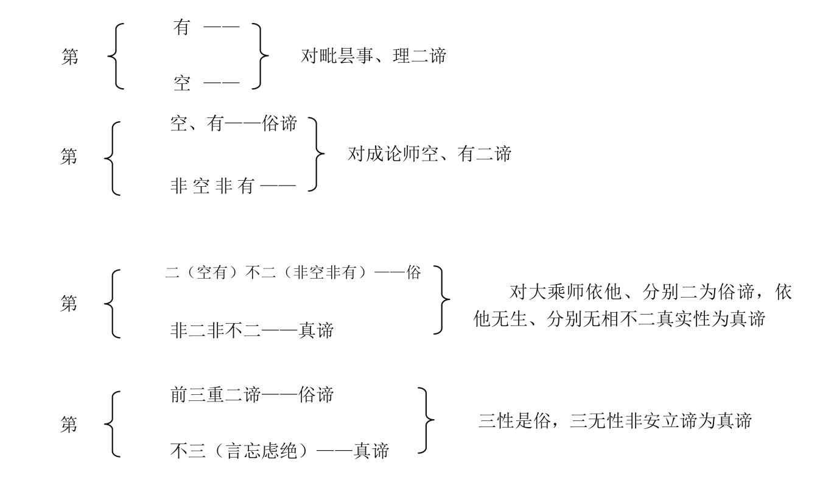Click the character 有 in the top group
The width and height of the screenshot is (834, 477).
[x=182, y=27]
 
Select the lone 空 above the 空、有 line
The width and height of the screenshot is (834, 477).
[x=182, y=83]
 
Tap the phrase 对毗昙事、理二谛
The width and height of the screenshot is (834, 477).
[x=374, y=57]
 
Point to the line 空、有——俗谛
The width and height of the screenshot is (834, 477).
[x=234, y=124]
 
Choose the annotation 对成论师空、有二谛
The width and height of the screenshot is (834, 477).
[x=429, y=154]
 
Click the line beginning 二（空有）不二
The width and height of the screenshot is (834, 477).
[x=293, y=273]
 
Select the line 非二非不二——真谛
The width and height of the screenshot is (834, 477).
[x=251, y=330]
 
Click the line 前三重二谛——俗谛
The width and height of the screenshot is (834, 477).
[x=251, y=395]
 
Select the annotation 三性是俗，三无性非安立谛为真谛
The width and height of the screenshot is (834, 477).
[x=615, y=420]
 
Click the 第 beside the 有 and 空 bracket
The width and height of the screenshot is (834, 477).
[x=69, y=57]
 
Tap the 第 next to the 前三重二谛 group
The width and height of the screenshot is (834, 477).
[x=69, y=425]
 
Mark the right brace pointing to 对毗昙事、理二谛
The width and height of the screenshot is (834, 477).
[x=261, y=57]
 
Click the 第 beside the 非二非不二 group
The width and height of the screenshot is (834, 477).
[x=69, y=303]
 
